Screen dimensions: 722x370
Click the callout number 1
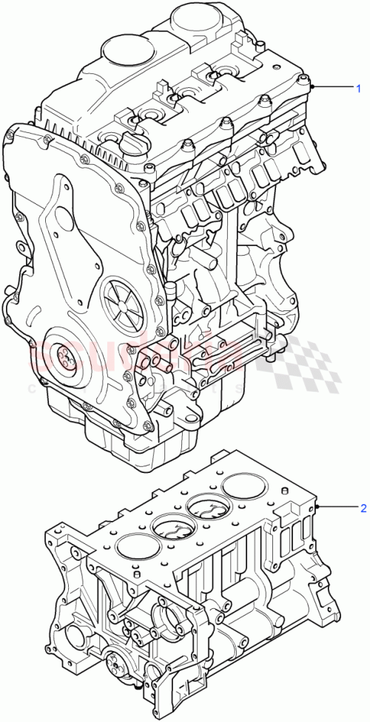359,89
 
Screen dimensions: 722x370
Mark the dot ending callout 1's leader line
314,88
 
